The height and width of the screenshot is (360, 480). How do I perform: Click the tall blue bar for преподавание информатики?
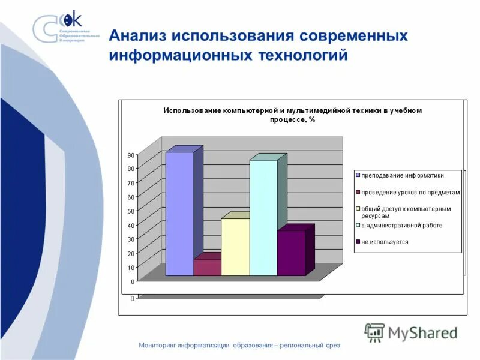point(179,214)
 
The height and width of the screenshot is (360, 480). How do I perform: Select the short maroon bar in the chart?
point(207,267)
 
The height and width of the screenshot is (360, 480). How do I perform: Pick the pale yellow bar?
point(235,247)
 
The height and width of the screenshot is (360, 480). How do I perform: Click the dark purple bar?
point(291,253)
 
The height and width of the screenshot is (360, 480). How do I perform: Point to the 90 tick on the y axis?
point(131,155)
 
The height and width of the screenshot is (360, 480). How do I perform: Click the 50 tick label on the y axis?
point(131,211)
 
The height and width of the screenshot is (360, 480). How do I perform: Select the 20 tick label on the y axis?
point(131,253)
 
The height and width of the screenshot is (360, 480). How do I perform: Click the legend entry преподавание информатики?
point(402,175)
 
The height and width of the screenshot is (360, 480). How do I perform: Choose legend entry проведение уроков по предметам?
point(410,192)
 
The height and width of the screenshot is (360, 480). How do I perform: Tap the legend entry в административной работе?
point(401,226)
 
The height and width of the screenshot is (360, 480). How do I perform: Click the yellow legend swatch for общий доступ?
point(358,209)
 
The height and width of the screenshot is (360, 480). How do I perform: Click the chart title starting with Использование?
point(293,115)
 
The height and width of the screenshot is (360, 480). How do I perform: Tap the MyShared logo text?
point(422,332)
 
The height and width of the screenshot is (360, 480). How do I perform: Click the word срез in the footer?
point(332,345)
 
